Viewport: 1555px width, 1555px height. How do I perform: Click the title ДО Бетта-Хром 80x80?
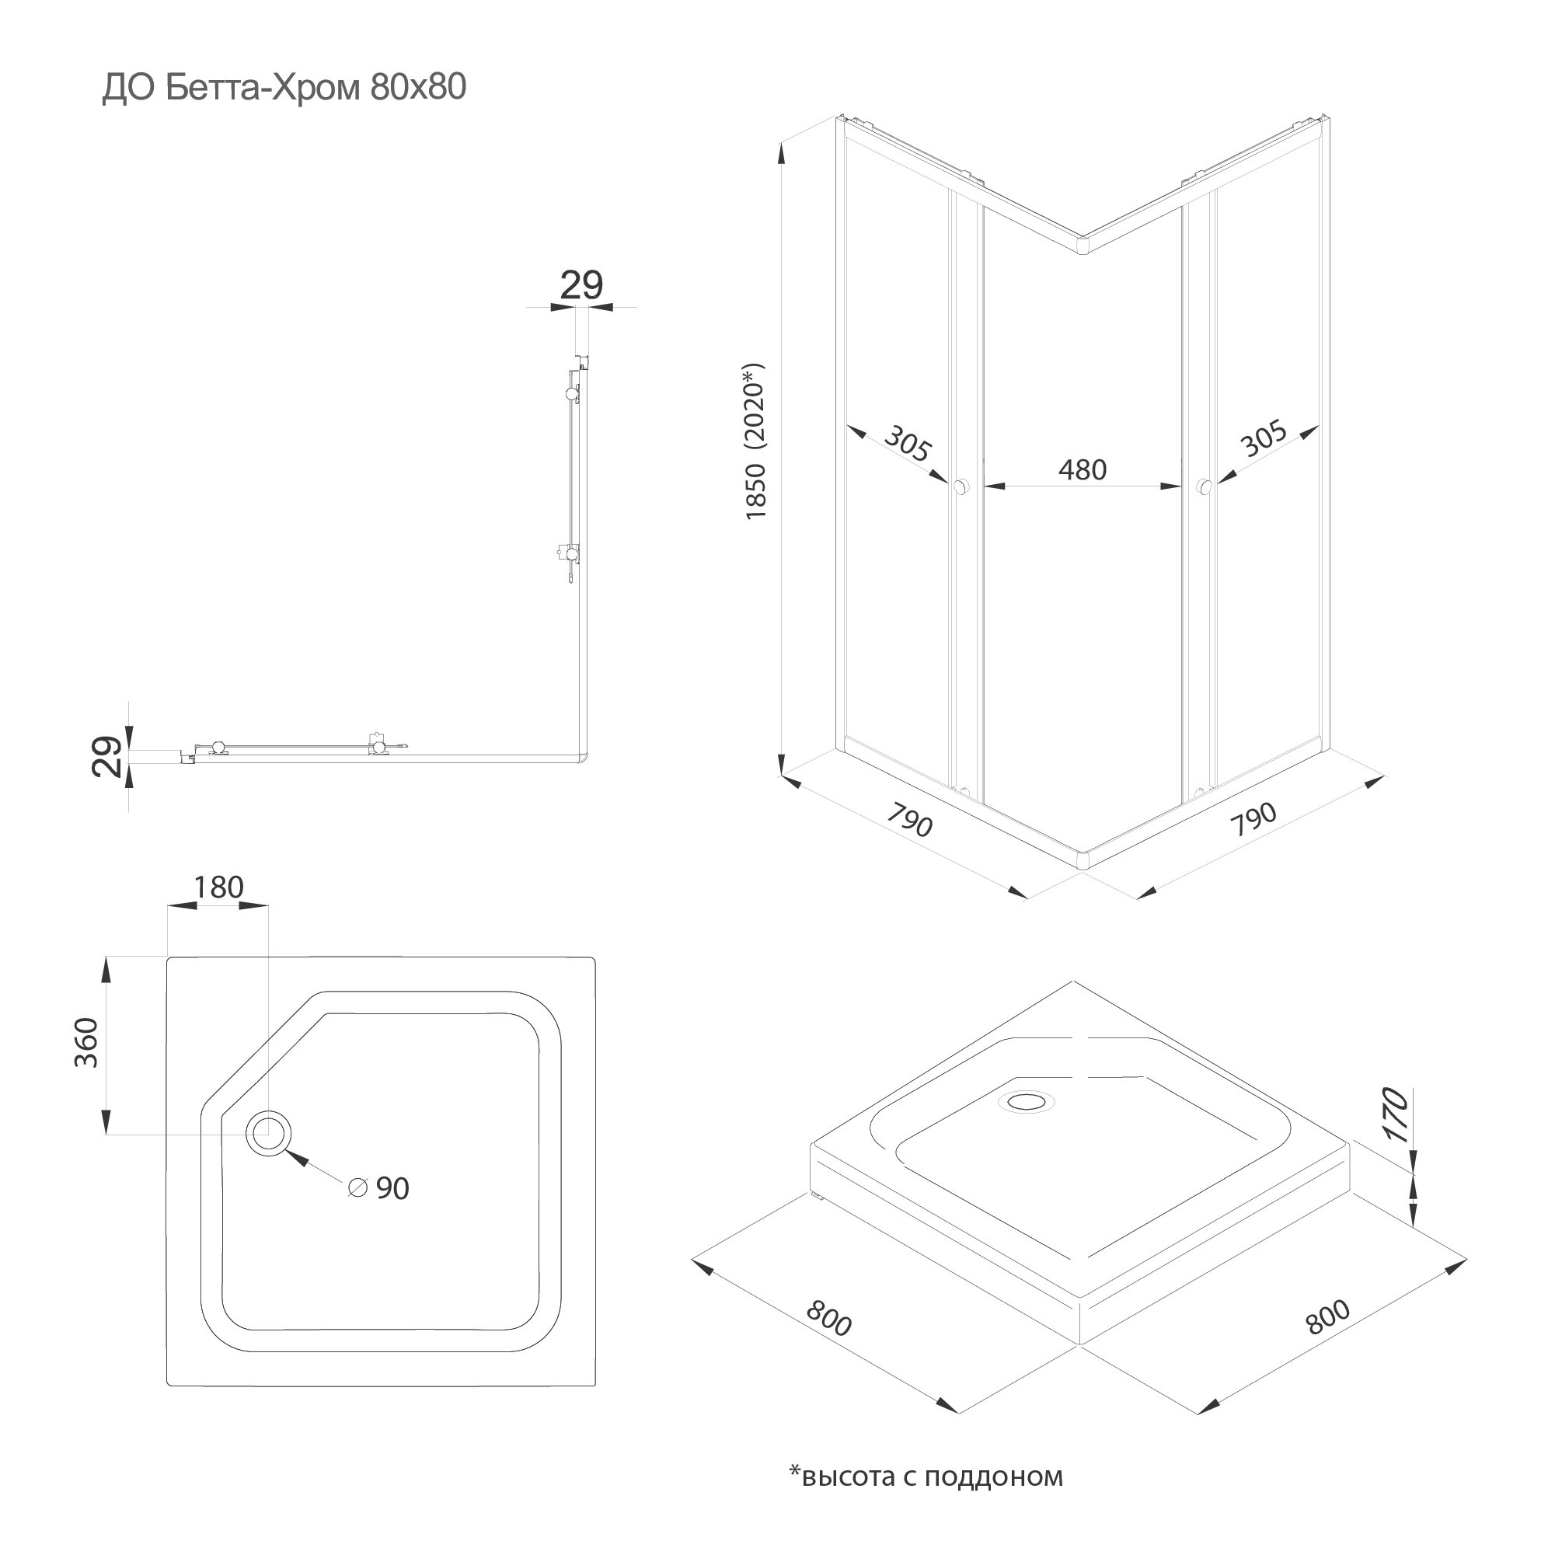(284, 88)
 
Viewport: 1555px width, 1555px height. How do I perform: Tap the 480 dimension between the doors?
(1082, 470)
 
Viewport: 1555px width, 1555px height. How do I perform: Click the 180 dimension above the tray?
(218, 887)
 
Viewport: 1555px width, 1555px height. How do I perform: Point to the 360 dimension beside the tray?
(86, 1043)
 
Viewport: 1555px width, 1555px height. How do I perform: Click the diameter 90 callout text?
(381, 1188)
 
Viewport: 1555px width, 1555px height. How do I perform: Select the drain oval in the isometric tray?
(1024, 1101)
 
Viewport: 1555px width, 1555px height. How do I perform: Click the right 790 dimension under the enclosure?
(1254, 818)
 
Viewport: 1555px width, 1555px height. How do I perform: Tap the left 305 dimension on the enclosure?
(908, 443)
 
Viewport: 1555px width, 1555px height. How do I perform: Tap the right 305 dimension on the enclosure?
(1263, 440)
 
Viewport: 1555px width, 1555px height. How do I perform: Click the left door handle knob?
(962, 486)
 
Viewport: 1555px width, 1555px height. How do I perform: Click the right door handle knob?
(1204, 486)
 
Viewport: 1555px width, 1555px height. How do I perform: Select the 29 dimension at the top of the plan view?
(581, 286)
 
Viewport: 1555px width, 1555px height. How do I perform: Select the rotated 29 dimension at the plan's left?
(108, 757)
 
